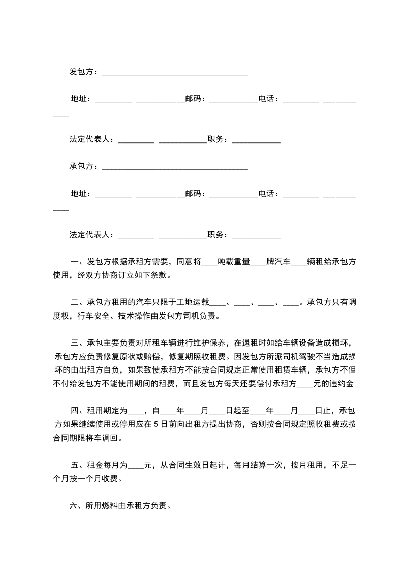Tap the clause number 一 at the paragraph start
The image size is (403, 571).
[75, 263]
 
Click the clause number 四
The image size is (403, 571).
[75, 411]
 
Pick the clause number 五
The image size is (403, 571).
[75, 465]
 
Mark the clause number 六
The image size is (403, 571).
[73, 506]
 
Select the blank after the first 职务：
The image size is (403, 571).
[256, 140]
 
